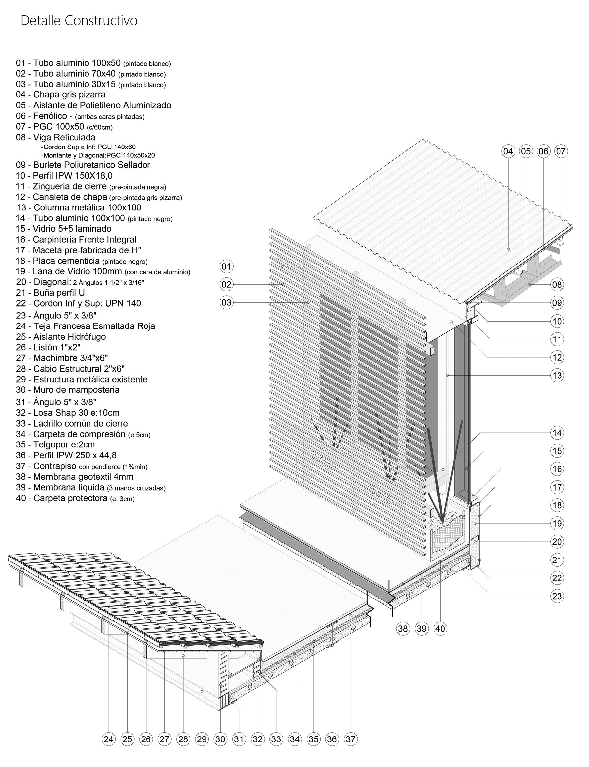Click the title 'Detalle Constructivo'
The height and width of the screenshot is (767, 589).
click(79, 20)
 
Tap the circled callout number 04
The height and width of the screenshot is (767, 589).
click(508, 151)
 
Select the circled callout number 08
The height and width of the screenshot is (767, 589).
click(557, 285)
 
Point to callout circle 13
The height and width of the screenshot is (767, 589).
click(557, 376)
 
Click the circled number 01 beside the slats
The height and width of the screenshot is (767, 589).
click(226, 267)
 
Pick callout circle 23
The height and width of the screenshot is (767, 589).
click(557, 596)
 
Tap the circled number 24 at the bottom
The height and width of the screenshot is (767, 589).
click(109, 739)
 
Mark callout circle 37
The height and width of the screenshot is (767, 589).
click(350, 739)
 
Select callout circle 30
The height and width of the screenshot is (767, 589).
click(220, 739)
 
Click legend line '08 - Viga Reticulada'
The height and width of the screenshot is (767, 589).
click(55, 137)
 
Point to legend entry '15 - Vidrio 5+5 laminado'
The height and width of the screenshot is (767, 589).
click(63, 229)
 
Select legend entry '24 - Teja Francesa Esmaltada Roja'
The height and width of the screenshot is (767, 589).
click(85, 326)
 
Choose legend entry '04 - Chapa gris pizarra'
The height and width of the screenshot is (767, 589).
click(60, 95)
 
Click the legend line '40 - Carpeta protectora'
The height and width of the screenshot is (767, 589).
click(75, 498)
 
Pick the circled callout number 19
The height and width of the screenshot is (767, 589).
click(557, 524)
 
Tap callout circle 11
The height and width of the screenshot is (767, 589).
click(557, 339)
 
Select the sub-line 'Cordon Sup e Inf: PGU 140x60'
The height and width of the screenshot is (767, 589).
click(88, 147)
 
